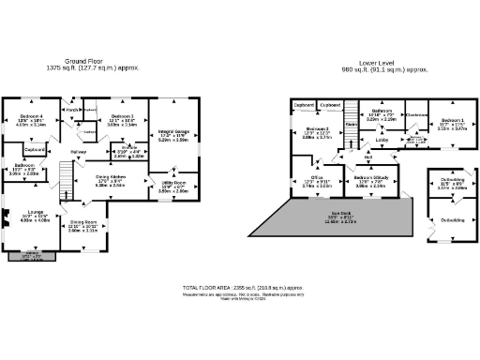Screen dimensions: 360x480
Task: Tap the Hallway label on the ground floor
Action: pyautogui.click(x=78, y=153)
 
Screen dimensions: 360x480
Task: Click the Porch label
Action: pyautogui.click(x=71, y=109)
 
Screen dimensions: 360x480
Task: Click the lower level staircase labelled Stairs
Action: pyautogui.click(x=352, y=122)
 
